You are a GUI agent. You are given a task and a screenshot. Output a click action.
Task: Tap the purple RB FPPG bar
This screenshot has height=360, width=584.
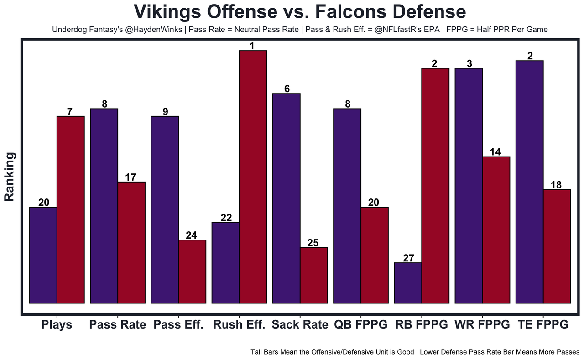(x=408, y=282)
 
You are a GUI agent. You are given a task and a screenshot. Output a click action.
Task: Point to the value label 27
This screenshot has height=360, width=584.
(x=408, y=258)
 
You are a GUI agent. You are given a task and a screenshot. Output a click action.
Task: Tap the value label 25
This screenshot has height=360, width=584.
(x=313, y=243)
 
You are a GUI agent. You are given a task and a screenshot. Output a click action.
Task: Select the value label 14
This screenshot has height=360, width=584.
(x=495, y=152)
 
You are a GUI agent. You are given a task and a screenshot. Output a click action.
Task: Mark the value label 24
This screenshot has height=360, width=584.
(x=192, y=235)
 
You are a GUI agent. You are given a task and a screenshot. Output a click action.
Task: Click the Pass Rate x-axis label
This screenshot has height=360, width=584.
(x=118, y=325)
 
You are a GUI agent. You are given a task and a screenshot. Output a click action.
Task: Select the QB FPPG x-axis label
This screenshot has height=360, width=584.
(x=360, y=325)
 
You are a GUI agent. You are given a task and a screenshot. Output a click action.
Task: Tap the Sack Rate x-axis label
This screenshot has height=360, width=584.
(x=300, y=325)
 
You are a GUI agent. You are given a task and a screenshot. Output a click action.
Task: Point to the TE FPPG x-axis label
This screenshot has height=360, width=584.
(x=543, y=325)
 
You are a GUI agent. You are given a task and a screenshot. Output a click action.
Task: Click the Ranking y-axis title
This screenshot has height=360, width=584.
(x=10, y=177)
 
